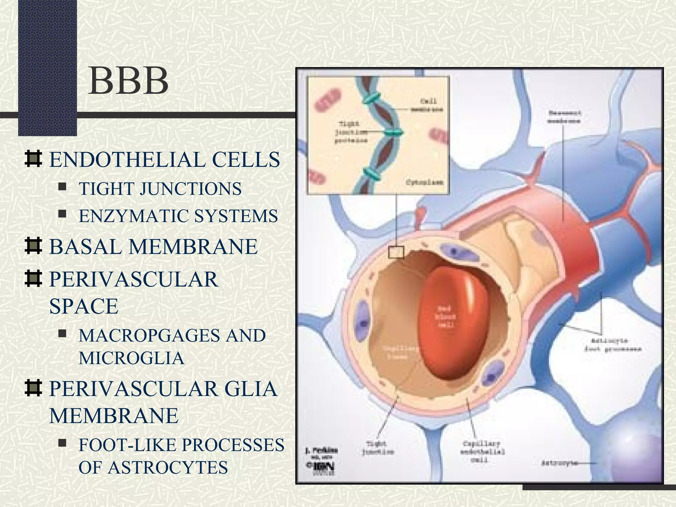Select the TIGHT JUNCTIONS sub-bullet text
pyautogui.click(x=160, y=189)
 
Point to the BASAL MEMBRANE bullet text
pyautogui.click(x=153, y=247)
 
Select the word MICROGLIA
pyautogui.click(x=131, y=358)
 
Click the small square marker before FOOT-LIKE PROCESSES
pyautogui.click(x=62, y=443)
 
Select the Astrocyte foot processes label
pyautogui.click(x=613, y=345)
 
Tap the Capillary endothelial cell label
pyautogui.click(x=482, y=452)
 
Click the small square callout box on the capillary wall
pyautogui.click(x=396, y=253)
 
